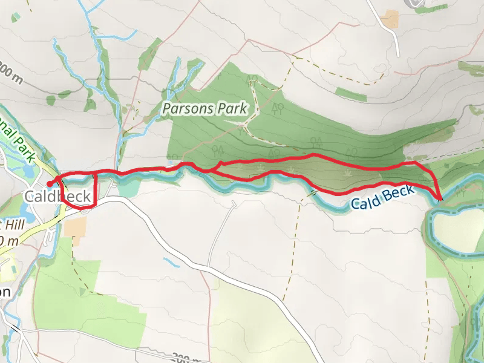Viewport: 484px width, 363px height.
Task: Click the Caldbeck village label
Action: click(x=57, y=196)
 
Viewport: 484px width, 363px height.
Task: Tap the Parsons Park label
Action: click(x=205, y=110)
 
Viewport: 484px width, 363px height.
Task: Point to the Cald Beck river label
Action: click(x=382, y=198)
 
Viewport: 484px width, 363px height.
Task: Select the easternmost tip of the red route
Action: click(x=440, y=198)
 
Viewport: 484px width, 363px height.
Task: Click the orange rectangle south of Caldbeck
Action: click(x=75, y=227)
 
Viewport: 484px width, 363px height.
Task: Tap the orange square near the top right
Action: click(x=391, y=19)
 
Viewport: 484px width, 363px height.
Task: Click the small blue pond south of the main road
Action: click(x=172, y=263)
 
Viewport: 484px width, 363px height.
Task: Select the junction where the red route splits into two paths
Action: click(x=209, y=171)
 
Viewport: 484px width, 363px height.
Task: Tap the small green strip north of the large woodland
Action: click(x=350, y=94)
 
